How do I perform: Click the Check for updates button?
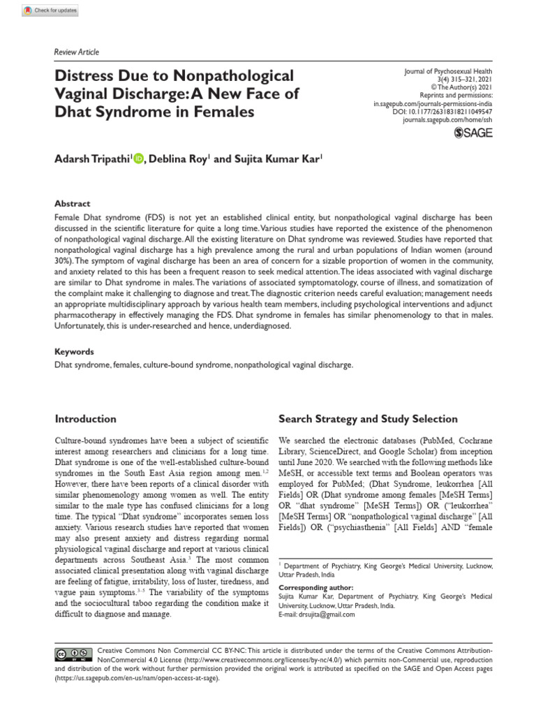pos(50,10)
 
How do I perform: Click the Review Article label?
pos(77,52)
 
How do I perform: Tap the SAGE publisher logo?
pos(472,133)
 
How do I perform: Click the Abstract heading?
pos(73,204)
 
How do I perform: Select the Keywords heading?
pos(75,352)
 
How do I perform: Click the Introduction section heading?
pos(86,419)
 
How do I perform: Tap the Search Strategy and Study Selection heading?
pos(368,419)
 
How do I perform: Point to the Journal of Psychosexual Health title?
pos(447,71)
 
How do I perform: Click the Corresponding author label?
pos(315,588)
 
